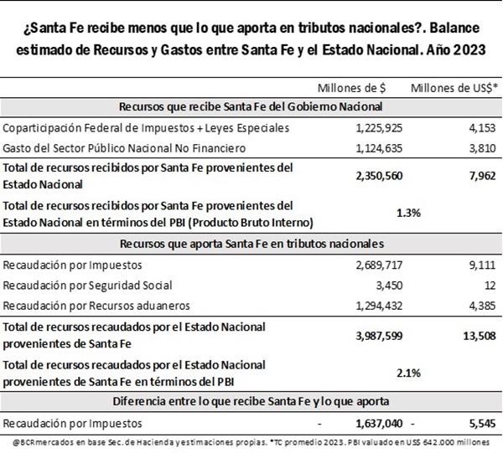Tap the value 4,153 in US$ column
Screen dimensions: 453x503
482,127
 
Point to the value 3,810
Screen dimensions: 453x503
482,148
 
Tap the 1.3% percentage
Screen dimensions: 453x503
408,213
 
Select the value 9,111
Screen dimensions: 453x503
482,265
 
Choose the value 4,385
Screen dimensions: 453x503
482,305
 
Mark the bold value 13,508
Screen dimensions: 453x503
479,334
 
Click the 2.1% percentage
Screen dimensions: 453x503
408,372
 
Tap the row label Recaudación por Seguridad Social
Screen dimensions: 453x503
88,285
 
